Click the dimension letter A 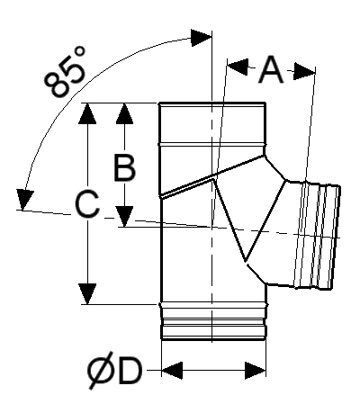click(x=271, y=70)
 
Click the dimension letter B click(x=125, y=167)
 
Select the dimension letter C click(x=87, y=204)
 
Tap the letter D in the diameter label click(x=130, y=372)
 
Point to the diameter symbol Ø click(x=101, y=371)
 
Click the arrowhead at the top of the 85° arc click(x=202, y=38)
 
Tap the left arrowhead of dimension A click(x=238, y=67)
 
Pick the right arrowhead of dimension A click(x=304, y=71)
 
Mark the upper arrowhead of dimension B click(x=125, y=113)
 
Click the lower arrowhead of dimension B click(x=125, y=217)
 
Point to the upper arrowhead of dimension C click(x=87, y=113)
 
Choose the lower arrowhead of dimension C click(x=87, y=294)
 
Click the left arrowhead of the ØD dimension click(x=172, y=371)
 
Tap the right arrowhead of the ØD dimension click(x=256, y=371)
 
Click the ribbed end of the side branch click(x=318, y=236)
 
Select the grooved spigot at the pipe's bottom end click(x=213, y=321)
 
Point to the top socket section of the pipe click(x=212, y=123)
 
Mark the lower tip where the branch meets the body click(x=246, y=262)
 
